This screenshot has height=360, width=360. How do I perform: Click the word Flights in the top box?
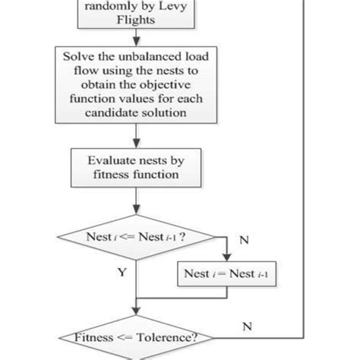point(134,21)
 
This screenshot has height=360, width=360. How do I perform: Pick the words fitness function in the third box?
point(134,174)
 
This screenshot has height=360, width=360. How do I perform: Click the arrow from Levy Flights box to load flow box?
point(134,39)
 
